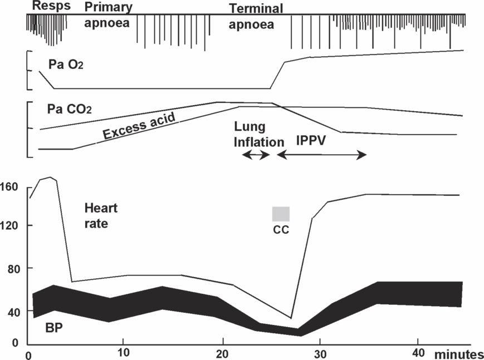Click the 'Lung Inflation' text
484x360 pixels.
click(258, 135)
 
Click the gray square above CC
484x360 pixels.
click(281, 214)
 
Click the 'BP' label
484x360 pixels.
click(54, 329)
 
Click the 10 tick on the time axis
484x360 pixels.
click(124, 353)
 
